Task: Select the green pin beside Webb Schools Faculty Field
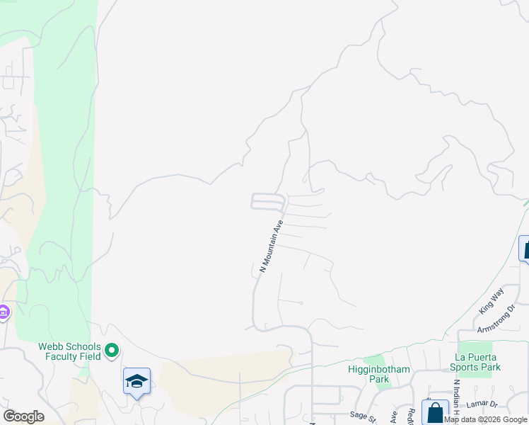[x=112, y=350]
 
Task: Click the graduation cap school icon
[x=136, y=381]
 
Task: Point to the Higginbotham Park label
[x=369, y=374]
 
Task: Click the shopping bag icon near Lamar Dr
[x=435, y=412]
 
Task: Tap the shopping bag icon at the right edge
[x=524, y=249]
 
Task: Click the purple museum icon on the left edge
[x=3, y=312]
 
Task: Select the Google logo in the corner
[x=23, y=416]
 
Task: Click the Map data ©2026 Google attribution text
[x=486, y=419]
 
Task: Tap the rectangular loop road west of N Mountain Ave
[x=267, y=202]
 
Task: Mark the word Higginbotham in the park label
[x=369, y=368]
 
